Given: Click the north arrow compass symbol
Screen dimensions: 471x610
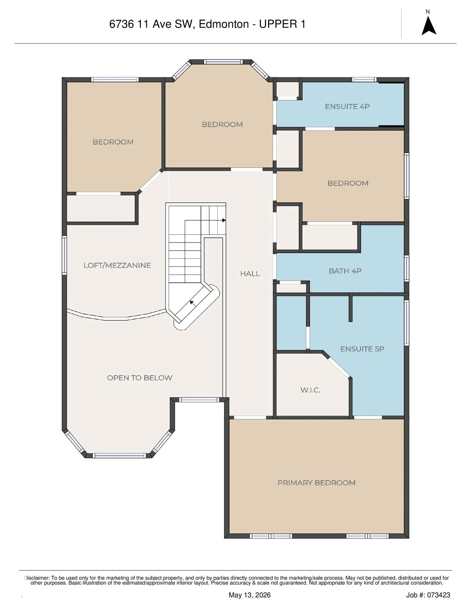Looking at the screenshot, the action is (429, 26).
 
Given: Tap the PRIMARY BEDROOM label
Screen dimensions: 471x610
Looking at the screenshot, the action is (316, 483).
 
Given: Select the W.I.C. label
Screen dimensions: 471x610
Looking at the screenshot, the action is (310, 390).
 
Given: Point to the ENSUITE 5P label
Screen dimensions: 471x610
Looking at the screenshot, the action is (362, 349).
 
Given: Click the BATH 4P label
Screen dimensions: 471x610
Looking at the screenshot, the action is (345, 271).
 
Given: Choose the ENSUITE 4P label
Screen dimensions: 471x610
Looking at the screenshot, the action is (347, 106).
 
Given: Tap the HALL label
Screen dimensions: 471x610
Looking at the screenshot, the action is (250, 274).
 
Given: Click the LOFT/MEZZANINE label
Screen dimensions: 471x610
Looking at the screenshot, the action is (117, 265).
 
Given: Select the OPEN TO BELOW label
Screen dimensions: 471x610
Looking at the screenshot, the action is (140, 378).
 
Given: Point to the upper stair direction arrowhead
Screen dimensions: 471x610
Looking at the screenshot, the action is (224, 220).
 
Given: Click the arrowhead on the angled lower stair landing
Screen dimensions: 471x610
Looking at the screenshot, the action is (192, 302).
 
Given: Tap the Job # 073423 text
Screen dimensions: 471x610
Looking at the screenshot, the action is (428, 595).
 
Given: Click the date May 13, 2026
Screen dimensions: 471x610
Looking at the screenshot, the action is (250, 595).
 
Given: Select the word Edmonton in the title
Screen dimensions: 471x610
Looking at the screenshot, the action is (224, 24).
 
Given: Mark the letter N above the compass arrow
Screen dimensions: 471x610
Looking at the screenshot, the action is (428, 12).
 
